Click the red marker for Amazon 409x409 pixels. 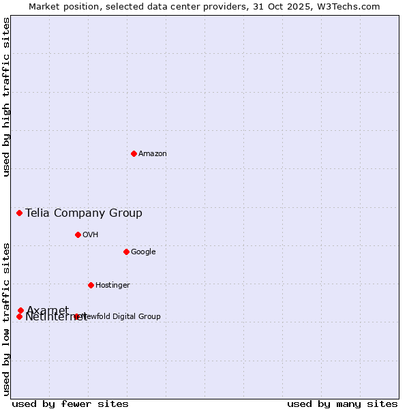point(134,153)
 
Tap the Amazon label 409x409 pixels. point(153,154)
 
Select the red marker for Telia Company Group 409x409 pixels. point(20,213)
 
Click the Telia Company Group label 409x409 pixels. point(84,213)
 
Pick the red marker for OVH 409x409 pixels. point(78,234)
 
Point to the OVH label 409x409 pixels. point(91,235)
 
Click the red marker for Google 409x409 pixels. point(126,252)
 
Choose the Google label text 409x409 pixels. point(143,252)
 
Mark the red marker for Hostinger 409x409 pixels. point(91,285)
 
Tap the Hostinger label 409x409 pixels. point(112,286)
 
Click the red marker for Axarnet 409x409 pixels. point(21,311)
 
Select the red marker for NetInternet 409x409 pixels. point(20,316)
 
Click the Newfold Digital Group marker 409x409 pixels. point(76,316)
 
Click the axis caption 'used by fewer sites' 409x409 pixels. point(70,404)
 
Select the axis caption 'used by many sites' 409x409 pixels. point(342,404)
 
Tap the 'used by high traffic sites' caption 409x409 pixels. point(7,97)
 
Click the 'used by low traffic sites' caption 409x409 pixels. point(7,319)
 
